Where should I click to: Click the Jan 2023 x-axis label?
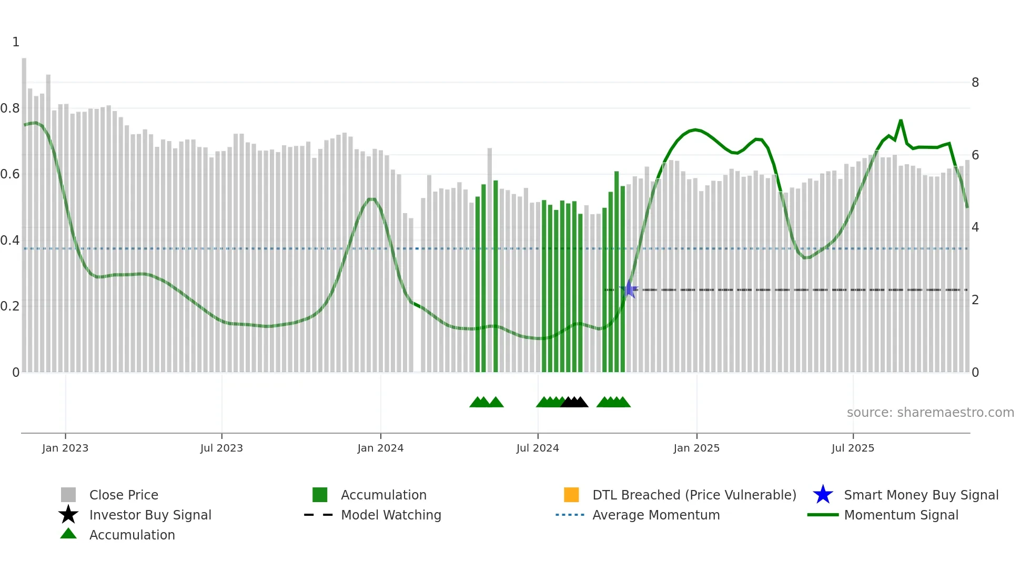(65, 448)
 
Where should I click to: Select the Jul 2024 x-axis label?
(538, 448)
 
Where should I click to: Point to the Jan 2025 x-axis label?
(696, 448)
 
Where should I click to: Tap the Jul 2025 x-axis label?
(853, 448)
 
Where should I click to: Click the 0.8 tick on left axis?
(10, 108)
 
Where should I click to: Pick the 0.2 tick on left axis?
(10, 306)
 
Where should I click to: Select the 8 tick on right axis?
(975, 83)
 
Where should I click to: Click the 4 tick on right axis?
(975, 227)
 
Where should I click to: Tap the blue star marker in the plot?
(629, 289)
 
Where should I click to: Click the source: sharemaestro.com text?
(930, 413)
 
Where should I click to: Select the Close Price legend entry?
(124, 495)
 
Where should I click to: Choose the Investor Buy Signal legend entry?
(150, 515)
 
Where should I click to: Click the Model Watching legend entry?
(390, 515)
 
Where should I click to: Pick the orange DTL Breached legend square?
(571, 495)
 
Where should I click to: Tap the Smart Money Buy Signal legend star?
(823, 495)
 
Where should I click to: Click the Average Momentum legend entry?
(655, 515)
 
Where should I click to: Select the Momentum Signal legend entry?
(901, 515)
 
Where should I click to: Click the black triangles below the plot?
(574, 402)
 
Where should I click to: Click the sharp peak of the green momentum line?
(901, 121)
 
